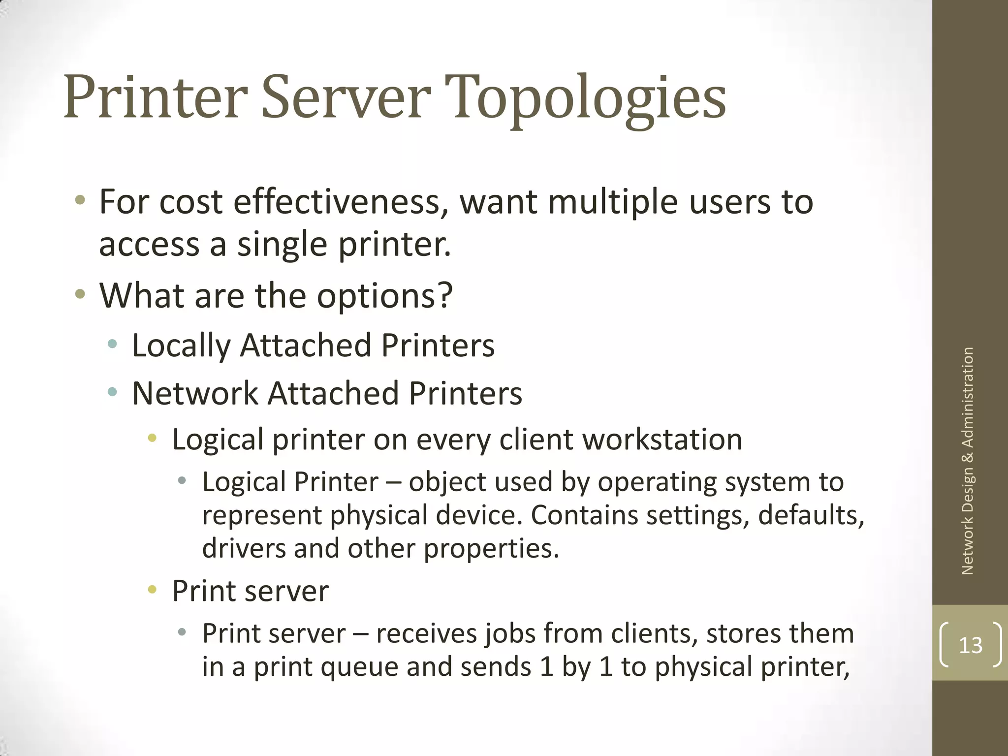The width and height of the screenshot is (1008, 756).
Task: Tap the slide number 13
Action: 970,645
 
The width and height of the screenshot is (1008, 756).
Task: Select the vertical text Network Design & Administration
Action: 968,461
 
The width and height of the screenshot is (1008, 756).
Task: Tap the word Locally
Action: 181,346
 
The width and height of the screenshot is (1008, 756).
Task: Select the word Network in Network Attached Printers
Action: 195,393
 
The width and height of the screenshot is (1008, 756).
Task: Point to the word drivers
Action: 244,548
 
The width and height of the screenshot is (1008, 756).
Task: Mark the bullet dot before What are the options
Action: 80,294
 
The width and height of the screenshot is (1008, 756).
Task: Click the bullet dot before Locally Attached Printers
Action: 113,344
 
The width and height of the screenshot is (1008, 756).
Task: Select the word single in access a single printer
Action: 282,244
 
